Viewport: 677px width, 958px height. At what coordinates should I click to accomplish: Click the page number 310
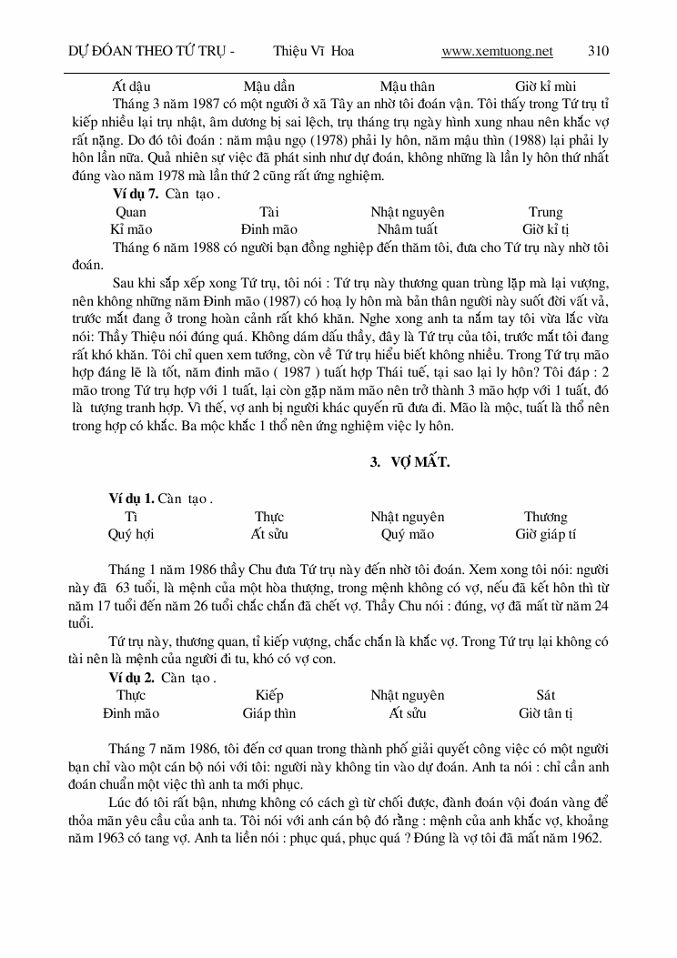599,51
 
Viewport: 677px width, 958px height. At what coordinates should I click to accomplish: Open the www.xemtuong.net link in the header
497,51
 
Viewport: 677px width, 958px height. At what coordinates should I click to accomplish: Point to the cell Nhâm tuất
407,229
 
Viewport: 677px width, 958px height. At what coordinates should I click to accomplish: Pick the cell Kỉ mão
131,229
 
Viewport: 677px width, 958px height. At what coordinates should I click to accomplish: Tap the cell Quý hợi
131,534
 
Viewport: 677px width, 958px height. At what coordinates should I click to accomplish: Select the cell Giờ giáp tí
546,534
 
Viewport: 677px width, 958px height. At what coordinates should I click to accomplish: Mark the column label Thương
546,517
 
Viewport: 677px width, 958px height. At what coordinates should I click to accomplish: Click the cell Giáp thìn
269,713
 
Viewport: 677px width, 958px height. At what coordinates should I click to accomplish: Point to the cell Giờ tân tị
546,713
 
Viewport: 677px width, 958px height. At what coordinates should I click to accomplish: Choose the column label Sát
546,695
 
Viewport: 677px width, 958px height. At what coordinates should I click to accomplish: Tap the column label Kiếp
269,695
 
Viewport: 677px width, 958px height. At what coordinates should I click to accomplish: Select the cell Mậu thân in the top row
407,87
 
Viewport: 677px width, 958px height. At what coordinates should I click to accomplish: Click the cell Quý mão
407,534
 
